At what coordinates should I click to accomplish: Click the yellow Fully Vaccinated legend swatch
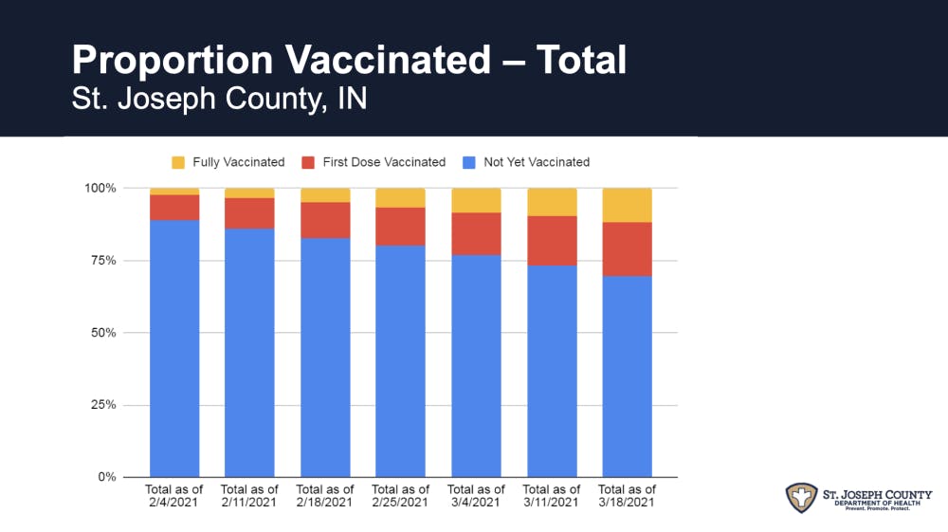[178, 162]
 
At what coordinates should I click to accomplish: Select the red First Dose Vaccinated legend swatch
[308, 162]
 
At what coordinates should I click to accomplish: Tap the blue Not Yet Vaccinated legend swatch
[469, 162]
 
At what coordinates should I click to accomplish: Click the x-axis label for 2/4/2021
[174, 496]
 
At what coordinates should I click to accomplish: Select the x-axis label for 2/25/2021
[400, 496]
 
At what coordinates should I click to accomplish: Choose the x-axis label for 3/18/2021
[627, 496]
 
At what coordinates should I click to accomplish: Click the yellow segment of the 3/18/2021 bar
[627, 205]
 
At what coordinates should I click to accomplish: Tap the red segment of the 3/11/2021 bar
[552, 240]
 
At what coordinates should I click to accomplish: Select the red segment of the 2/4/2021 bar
[174, 207]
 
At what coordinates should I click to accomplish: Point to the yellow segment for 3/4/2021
[476, 200]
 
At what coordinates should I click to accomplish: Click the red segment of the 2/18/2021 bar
[325, 219]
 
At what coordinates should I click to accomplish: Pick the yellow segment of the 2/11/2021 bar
[249, 193]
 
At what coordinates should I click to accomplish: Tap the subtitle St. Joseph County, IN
[219, 100]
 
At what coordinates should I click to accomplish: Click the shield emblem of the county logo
[802, 498]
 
